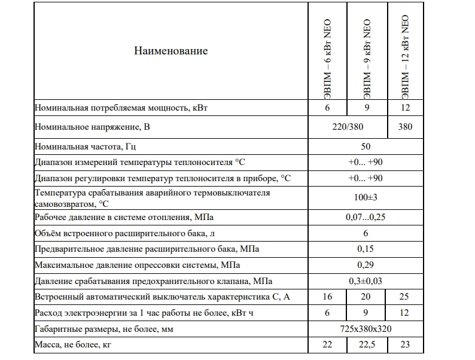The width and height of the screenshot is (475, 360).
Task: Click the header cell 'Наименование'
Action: point(171,51)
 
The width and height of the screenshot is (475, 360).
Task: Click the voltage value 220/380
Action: point(348,127)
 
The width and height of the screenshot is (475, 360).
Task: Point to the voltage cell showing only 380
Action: point(405,127)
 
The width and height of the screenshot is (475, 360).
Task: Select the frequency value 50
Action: point(366,147)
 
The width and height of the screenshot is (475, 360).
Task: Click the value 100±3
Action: point(366,196)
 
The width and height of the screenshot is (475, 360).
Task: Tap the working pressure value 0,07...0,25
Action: point(366,216)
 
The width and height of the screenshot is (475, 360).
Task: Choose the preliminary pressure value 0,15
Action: point(366,248)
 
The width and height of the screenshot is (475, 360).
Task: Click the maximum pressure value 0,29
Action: point(366,264)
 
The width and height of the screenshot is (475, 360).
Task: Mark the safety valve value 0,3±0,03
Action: point(366,280)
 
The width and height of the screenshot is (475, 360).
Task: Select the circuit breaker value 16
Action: point(327,297)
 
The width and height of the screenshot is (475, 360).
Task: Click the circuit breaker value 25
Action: point(405,297)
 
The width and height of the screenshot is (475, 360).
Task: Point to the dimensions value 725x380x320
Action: point(366,329)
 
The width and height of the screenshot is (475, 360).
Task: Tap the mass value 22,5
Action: point(366,345)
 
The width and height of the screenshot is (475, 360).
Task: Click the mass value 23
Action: point(405,345)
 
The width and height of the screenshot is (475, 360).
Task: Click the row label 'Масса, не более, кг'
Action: point(74,345)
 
